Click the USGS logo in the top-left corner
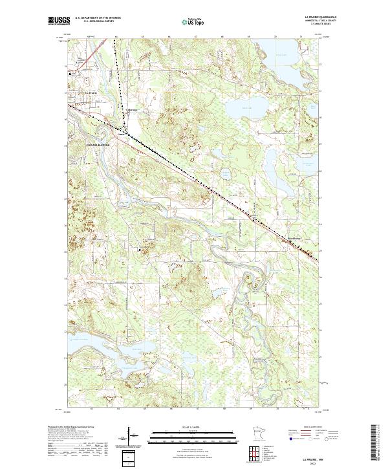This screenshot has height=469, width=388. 59,21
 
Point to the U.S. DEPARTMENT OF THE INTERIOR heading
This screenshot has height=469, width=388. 98,18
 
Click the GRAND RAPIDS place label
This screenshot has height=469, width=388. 99,146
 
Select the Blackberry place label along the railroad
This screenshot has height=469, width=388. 295,236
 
